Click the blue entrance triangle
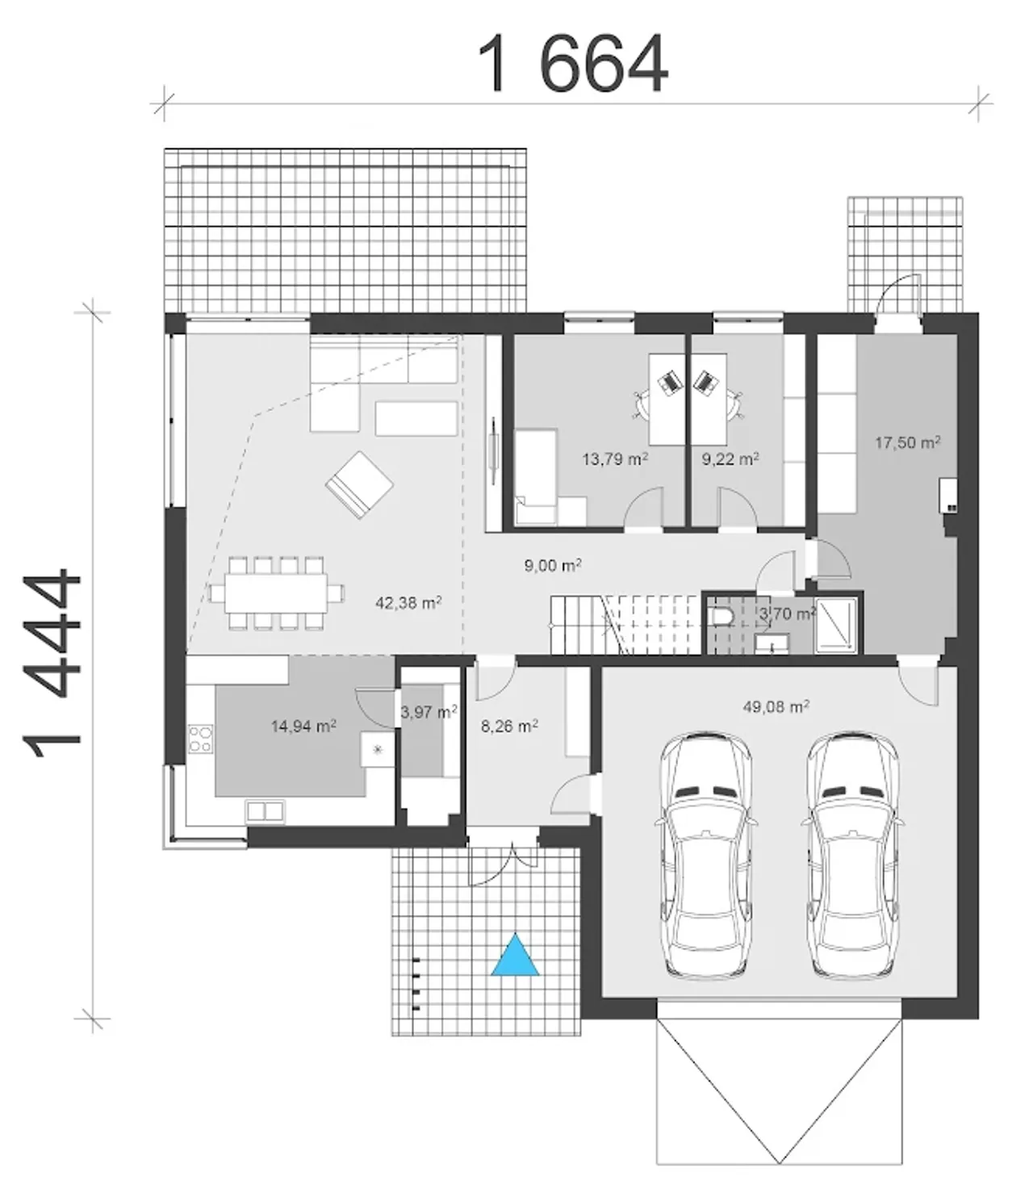516,956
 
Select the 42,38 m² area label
408,603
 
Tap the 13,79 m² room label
615,459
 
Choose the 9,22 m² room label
730,459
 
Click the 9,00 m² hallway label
553,566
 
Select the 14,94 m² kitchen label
304,726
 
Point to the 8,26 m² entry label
509,726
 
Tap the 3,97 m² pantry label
429,712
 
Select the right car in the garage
852,856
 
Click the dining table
277,592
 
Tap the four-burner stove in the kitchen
200,739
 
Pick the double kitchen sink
266,811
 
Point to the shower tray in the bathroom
835,625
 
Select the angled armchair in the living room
359,485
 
